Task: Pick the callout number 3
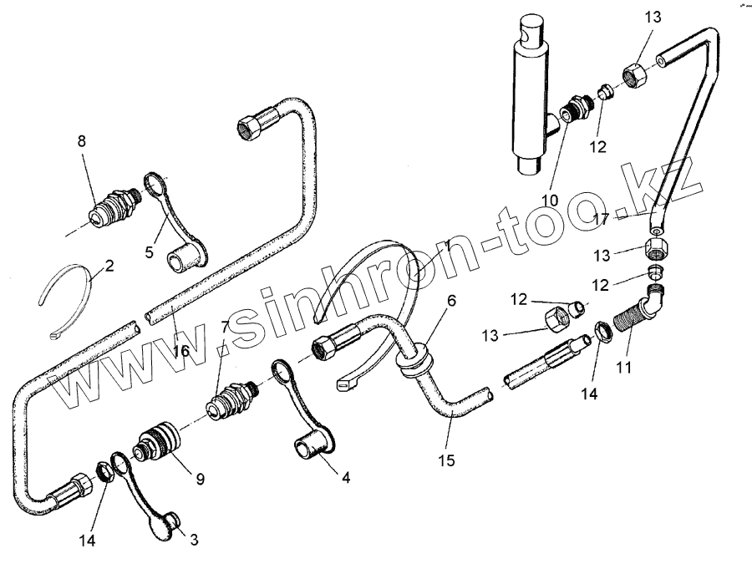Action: pos(194,540)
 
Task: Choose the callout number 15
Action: pos(449,460)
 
